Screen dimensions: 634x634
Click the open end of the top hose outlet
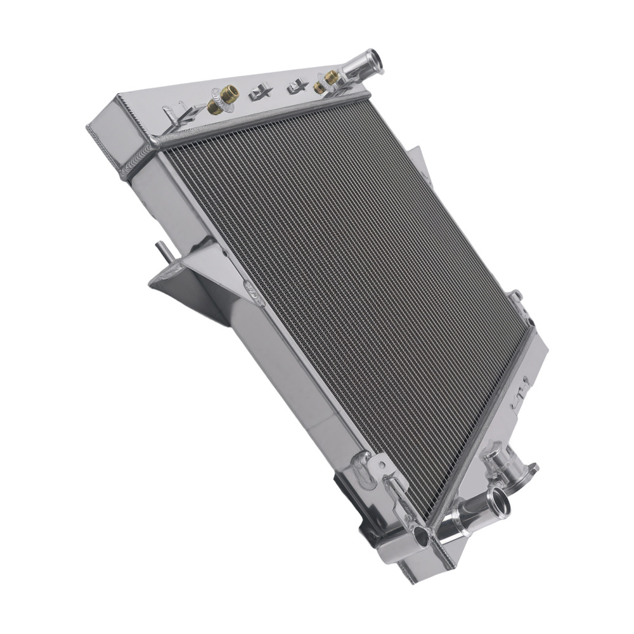coord(375,60)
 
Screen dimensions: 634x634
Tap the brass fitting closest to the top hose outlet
coord(331,77)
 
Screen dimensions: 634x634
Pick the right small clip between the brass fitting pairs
coord(297,86)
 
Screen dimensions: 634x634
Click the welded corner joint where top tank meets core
coord(152,143)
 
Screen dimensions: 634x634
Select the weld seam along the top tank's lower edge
coord(266,117)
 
